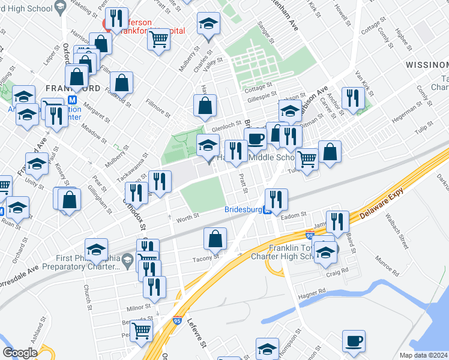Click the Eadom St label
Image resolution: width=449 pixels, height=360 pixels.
295,214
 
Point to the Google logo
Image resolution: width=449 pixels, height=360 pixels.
20,353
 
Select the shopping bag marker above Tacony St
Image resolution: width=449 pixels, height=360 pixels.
215,239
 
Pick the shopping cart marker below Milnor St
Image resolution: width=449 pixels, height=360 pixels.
142,331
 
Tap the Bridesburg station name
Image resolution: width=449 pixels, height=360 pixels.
244,210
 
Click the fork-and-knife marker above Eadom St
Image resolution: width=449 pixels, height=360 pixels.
276,199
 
